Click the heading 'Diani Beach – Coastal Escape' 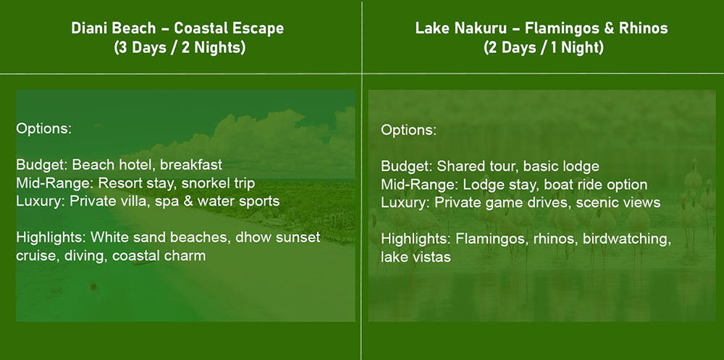[x=178, y=28]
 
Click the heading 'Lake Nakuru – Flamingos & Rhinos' [x=542, y=28]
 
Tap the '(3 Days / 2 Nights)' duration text [x=180, y=48]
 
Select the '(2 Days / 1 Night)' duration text [x=544, y=48]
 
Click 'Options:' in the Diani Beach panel [x=44, y=128]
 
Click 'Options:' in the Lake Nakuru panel [x=408, y=130]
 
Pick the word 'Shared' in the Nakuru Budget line [x=458, y=167]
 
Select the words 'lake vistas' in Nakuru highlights [x=416, y=257]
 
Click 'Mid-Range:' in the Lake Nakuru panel [x=420, y=185]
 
